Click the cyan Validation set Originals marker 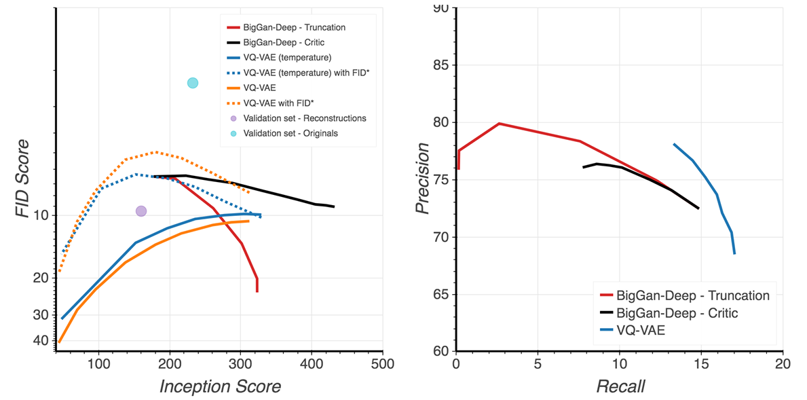pos(193,83)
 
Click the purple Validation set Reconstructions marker pos(141,211)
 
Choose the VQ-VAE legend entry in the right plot pos(642,332)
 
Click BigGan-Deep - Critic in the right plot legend pos(677,314)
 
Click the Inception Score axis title pos(220,386)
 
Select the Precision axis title pos(424,178)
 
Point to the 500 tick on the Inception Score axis pos(383,365)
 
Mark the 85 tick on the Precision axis pos(443,65)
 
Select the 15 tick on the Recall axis pos(702,365)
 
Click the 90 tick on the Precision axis pos(443,9)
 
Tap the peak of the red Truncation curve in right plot pos(499,124)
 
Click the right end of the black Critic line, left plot pos(334,206)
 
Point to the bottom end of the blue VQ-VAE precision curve pos(734,253)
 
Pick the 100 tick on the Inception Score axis pos(99,365)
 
